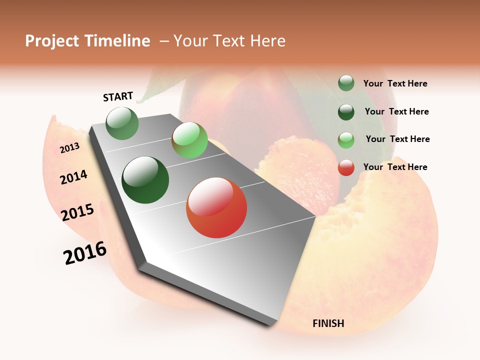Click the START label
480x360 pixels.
click(118, 96)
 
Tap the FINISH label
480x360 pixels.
click(328, 323)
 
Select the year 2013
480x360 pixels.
click(70, 147)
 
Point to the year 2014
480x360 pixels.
click(73, 177)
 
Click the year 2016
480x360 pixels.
click(85, 253)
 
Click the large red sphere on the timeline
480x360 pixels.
click(216, 208)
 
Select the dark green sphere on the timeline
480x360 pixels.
click(145, 180)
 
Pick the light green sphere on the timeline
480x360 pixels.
click(189, 140)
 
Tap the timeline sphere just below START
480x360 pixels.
click(122, 123)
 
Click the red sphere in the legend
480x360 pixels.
click(346, 167)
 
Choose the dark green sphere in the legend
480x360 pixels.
click(346, 112)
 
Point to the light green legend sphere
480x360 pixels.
click(346, 140)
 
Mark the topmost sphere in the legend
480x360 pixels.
click(346, 83)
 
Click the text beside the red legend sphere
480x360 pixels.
click(395, 167)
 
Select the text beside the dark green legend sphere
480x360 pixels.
click(396, 111)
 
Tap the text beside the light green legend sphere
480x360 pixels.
click(397, 139)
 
